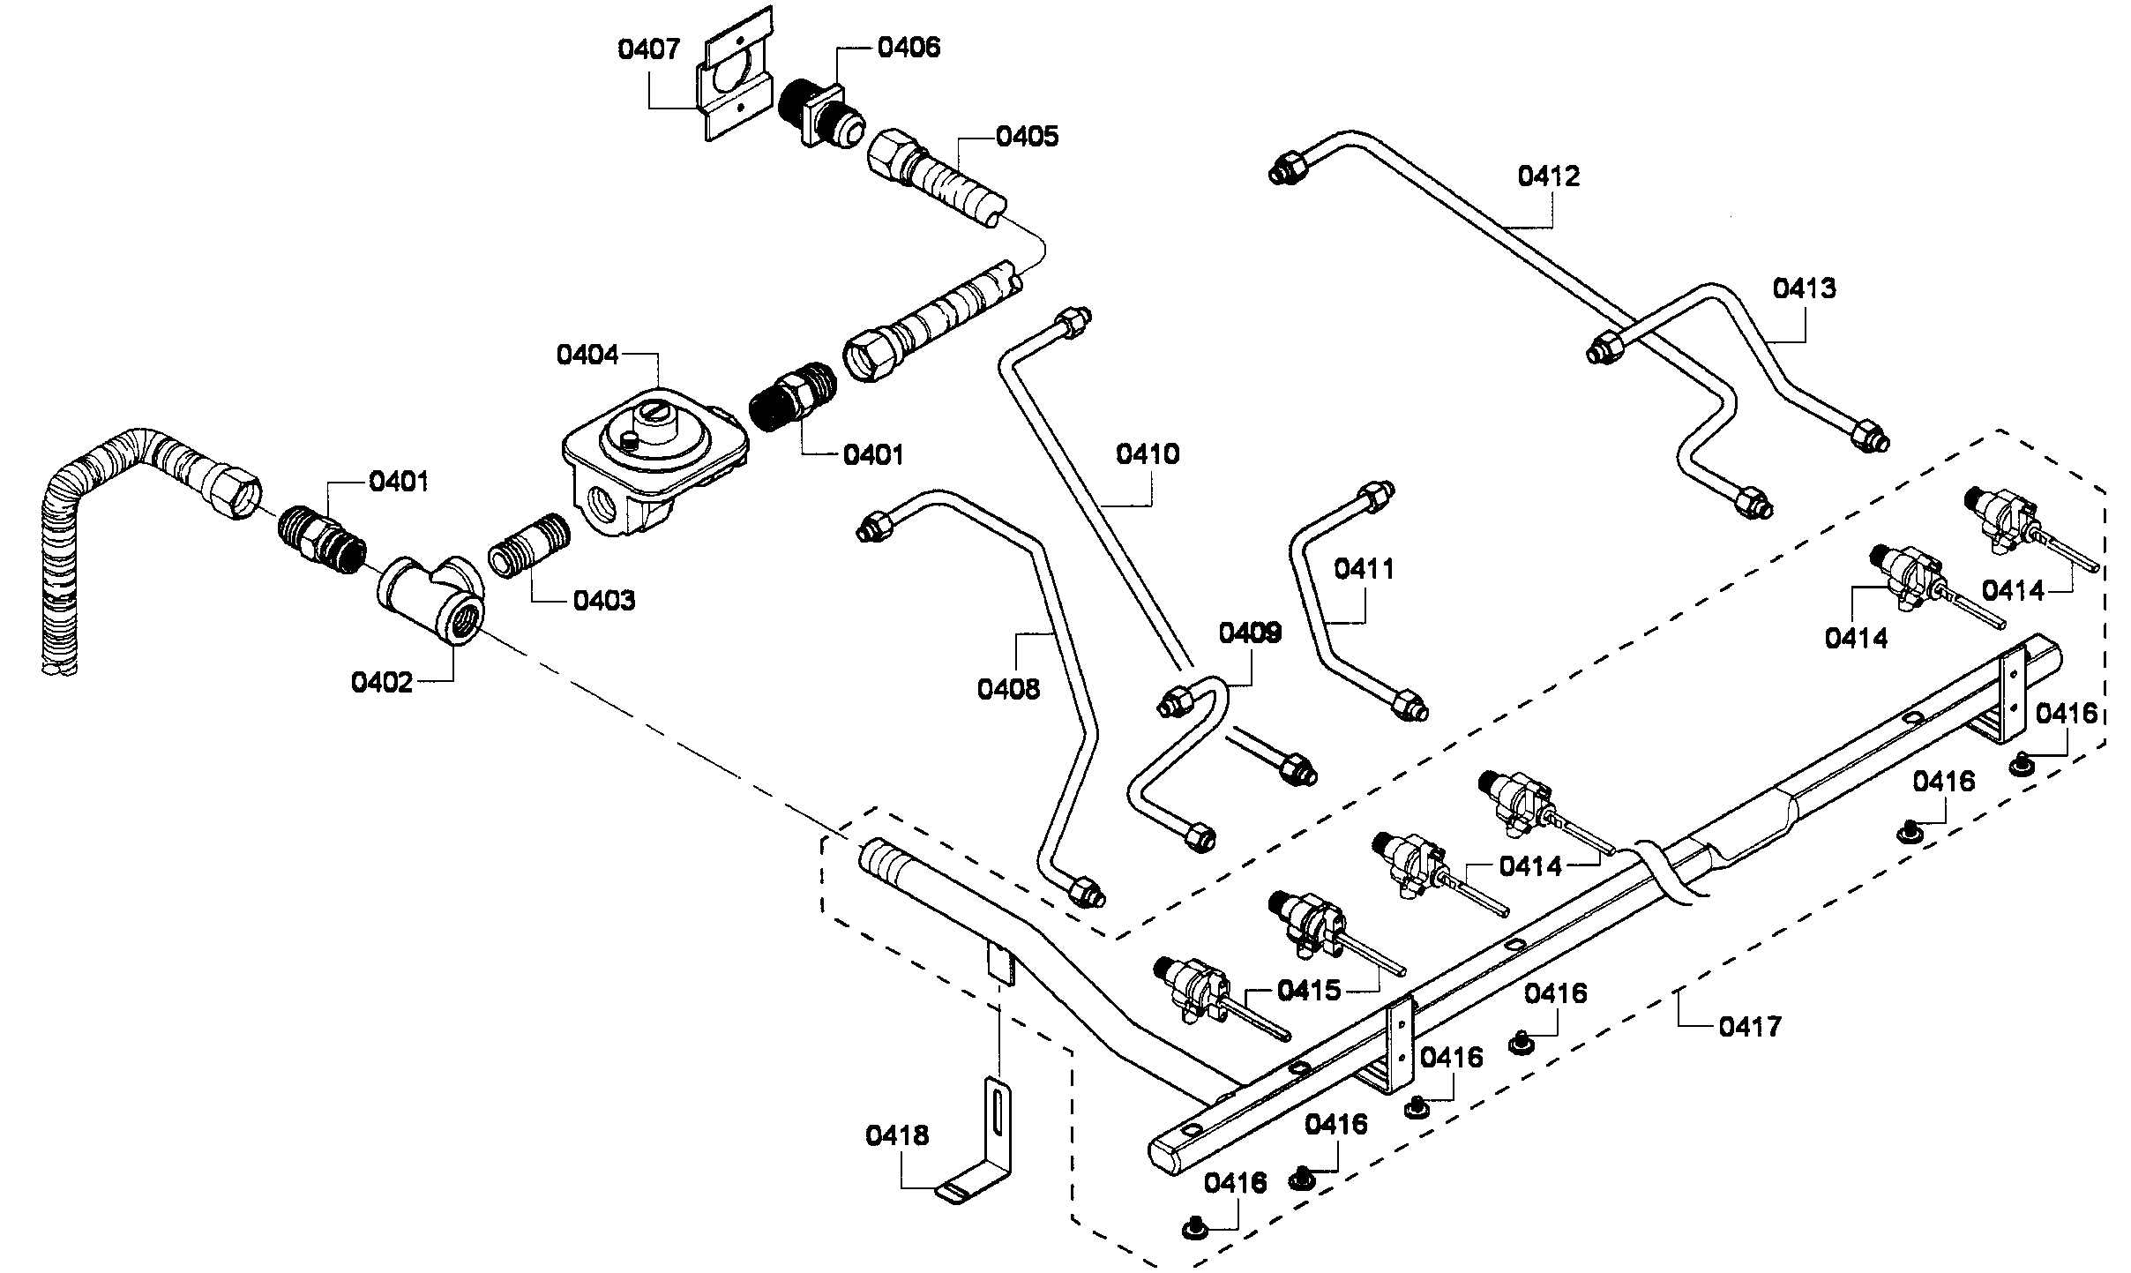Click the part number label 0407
[x=648, y=49]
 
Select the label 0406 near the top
[x=908, y=47]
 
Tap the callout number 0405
[x=1027, y=137]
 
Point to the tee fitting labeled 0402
[x=432, y=600]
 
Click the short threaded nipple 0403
[x=527, y=547]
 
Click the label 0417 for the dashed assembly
[x=1750, y=1027]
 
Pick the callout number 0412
[x=1549, y=176]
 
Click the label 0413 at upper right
[x=1805, y=288]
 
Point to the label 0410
[x=1148, y=454]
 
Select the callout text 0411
[x=1364, y=569]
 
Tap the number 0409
[x=1250, y=633]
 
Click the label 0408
[x=1008, y=689]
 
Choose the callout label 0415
[x=1309, y=991]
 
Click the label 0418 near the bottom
[x=897, y=1135]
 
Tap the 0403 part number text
[x=603, y=601]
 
